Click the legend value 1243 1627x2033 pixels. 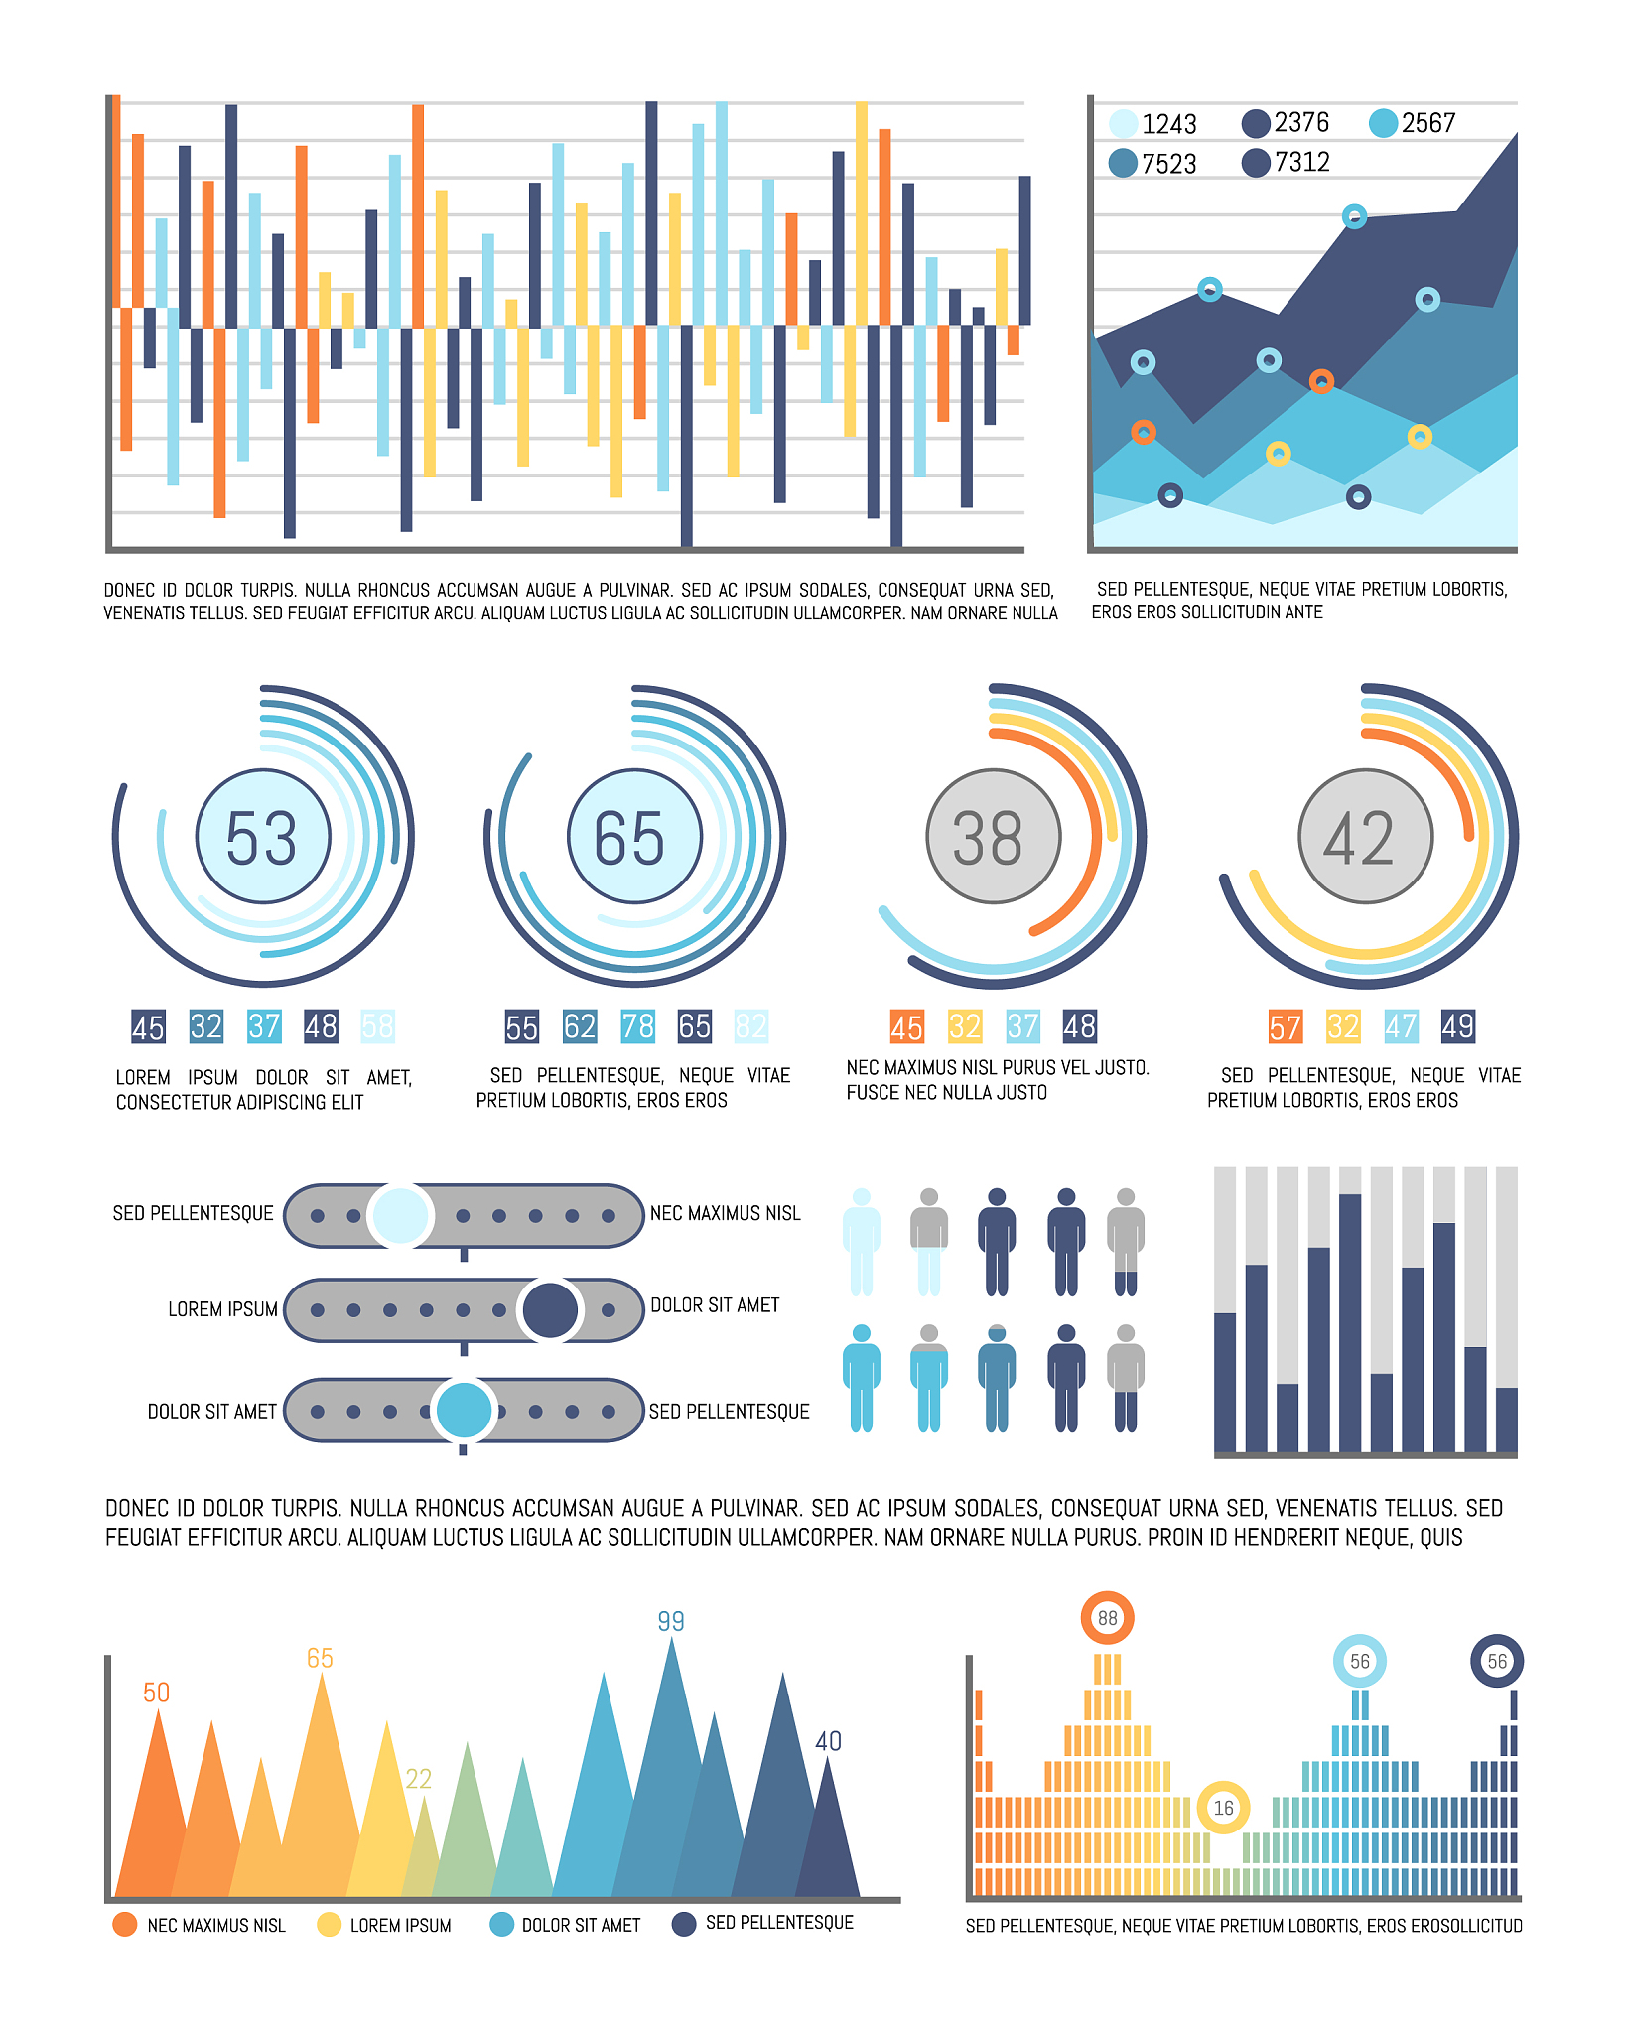coord(1168,124)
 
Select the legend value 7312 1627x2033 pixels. coord(1301,162)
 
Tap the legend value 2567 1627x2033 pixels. coord(1427,123)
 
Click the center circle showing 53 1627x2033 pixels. coord(263,837)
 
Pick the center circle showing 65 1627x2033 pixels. coord(634,837)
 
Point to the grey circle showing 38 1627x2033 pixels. coord(993,837)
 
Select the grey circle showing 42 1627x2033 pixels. coord(1365,837)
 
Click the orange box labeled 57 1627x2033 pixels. coord(1285,1026)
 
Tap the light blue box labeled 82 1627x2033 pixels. coord(751,1026)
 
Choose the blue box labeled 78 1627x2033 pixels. coord(637,1026)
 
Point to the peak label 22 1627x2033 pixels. coord(419,1779)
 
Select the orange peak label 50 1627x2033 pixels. coord(157,1693)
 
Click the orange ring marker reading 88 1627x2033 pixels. coord(1107,1618)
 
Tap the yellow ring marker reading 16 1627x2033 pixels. coord(1223,1808)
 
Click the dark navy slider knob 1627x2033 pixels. coord(550,1310)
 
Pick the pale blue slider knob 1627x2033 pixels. coord(400,1215)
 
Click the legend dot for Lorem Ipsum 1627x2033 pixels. coord(329,1925)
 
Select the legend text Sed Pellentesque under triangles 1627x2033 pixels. coord(779,1923)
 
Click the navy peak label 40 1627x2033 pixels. coord(828,1741)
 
